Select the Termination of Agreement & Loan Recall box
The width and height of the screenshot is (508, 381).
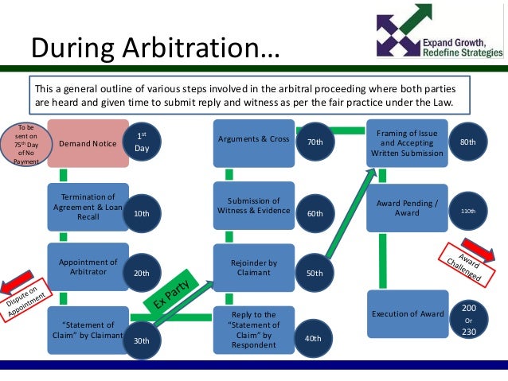[87, 207]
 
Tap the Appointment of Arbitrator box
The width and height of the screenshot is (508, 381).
[87, 267]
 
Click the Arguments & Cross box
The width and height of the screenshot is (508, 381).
[252, 140]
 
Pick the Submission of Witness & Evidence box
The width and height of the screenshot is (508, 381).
[252, 205]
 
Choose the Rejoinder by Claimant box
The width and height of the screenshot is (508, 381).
[252, 267]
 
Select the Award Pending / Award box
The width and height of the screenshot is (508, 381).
[407, 208]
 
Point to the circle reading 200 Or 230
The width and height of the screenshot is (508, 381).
[469, 319]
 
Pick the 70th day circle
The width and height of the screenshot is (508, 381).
[315, 142]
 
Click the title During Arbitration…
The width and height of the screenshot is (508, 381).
[155, 49]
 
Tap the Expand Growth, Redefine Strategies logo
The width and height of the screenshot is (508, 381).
[440, 32]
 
